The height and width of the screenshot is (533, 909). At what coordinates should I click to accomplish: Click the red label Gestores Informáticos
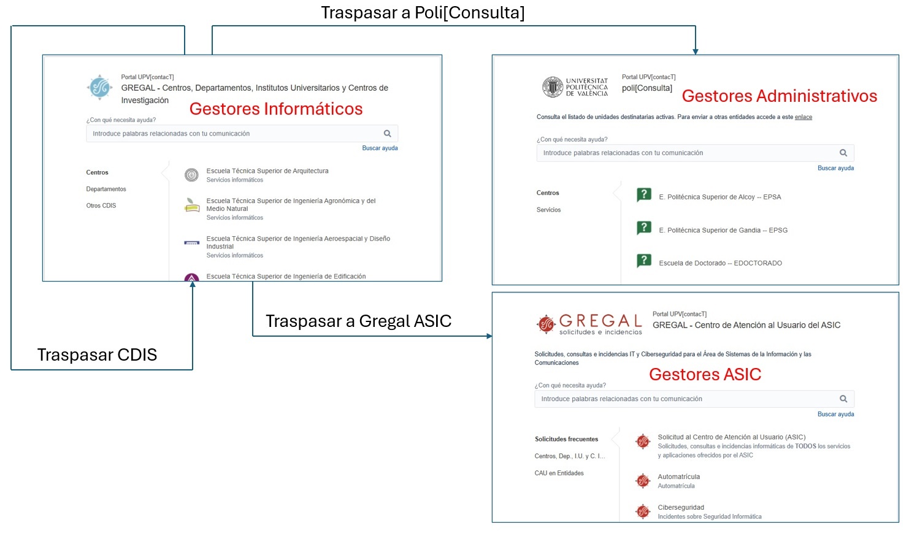[275, 109]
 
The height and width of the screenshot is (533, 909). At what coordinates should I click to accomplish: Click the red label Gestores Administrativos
[779, 96]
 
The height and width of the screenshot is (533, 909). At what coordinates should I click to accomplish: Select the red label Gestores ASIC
[705, 375]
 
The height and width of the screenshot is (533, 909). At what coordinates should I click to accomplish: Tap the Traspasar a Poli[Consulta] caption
[423, 13]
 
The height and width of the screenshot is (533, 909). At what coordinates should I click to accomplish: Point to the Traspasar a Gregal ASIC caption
[358, 321]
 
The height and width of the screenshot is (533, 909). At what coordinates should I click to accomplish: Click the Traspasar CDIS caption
[97, 355]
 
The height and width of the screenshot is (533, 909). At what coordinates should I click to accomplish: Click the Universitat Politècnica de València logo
[575, 87]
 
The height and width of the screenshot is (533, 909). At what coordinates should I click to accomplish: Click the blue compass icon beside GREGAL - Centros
[99, 88]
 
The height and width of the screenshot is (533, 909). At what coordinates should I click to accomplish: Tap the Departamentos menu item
[106, 189]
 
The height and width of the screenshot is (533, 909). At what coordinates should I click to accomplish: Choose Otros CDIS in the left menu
[101, 205]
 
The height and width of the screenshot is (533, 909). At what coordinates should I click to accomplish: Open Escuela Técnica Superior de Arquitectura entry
[267, 171]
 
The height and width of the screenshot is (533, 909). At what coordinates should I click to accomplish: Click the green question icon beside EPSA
[644, 195]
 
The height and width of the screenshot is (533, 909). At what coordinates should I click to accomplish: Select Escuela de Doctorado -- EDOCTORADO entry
[720, 263]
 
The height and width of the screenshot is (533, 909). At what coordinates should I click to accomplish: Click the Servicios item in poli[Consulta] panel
[548, 210]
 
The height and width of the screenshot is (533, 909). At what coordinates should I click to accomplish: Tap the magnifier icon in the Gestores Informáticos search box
[387, 134]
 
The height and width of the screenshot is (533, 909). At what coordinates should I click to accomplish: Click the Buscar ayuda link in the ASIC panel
[835, 414]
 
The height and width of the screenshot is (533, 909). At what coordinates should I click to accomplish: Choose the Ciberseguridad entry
[681, 508]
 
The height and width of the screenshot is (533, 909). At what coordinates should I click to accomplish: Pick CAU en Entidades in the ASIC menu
[559, 473]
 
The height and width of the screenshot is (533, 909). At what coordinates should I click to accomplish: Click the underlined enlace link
[804, 117]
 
